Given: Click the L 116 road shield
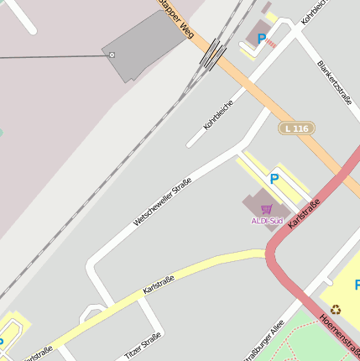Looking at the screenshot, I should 297,128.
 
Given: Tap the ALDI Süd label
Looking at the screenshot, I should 267,221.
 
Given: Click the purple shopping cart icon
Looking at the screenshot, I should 267,209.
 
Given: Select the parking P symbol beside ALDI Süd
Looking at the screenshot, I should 274,178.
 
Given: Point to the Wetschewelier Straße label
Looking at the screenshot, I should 162,201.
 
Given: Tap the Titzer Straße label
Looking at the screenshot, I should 143,346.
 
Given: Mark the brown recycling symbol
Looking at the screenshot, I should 336,309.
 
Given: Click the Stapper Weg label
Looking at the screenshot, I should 173,18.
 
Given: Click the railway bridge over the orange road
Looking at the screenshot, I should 214,54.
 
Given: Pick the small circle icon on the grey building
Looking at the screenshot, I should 112,54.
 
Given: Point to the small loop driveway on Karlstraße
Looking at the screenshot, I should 91,313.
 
